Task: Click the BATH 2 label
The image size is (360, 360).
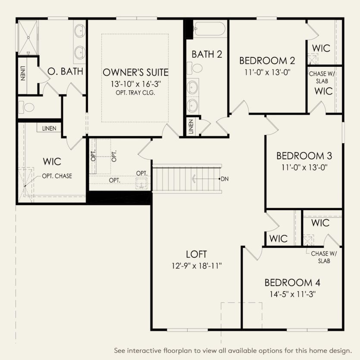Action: (207, 54)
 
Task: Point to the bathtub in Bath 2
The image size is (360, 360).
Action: (209, 29)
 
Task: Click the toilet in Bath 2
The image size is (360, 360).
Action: (196, 68)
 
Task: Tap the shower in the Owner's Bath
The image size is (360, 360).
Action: (28, 36)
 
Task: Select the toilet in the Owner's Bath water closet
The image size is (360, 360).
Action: (28, 106)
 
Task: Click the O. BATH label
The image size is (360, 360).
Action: (65, 71)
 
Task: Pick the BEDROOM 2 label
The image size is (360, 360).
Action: (267, 60)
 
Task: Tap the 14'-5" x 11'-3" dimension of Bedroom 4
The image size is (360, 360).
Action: (292, 295)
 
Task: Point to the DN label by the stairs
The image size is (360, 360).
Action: (225, 178)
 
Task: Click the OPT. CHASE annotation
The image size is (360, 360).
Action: (57, 176)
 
